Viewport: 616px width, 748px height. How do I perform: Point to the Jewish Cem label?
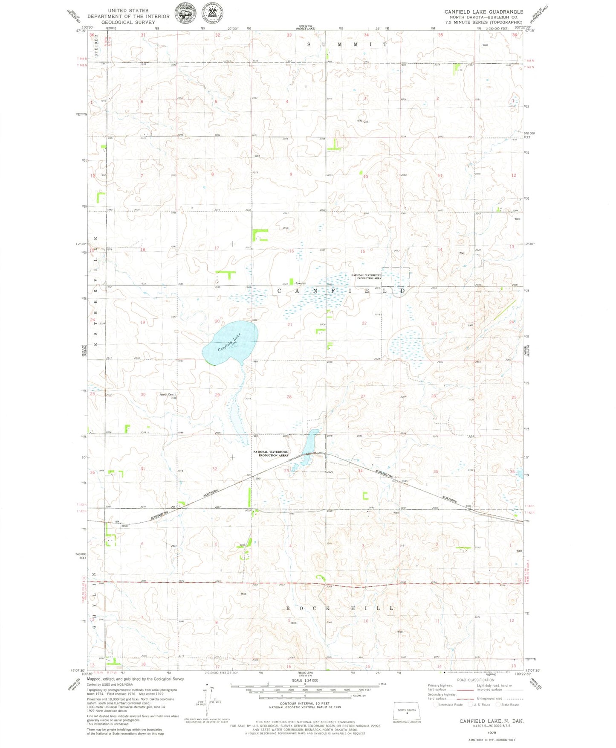click(166, 394)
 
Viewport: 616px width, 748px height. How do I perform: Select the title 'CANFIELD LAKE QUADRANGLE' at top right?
click(483, 12)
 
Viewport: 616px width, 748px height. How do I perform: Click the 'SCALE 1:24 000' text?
click(305, 681)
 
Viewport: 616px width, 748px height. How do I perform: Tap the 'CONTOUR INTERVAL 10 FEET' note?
click(305, 703)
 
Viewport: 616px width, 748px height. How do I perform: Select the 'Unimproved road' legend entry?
click(490, 699)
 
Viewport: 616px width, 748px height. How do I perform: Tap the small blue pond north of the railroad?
click(310, 442)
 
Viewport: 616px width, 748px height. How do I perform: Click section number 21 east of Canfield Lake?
click(290, 325)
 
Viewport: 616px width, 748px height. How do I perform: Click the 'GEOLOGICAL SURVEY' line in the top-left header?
click(128, 22)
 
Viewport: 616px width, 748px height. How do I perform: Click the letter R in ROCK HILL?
click(288, 608)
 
